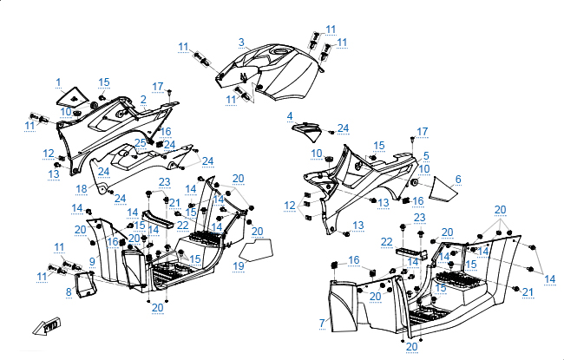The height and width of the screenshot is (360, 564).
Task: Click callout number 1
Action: (x=59, y=82)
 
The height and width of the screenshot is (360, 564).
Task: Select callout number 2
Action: (x=142, y=99)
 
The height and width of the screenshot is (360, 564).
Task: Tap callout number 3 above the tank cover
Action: (x=242, y=42)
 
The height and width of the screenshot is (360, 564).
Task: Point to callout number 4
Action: (x=291, y=116)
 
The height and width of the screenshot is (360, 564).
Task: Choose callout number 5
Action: (x=426, y=156)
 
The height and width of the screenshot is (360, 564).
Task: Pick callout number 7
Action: (x=322, y=323)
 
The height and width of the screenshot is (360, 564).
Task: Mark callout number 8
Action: (x=69, y=292)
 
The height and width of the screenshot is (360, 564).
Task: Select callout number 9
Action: (x=91, y=260)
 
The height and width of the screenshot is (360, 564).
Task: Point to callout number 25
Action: (x=140, y=142)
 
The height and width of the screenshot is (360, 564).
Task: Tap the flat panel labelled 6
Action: (x=443, y=186)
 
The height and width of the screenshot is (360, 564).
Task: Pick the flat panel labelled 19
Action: (x=257, y=250)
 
